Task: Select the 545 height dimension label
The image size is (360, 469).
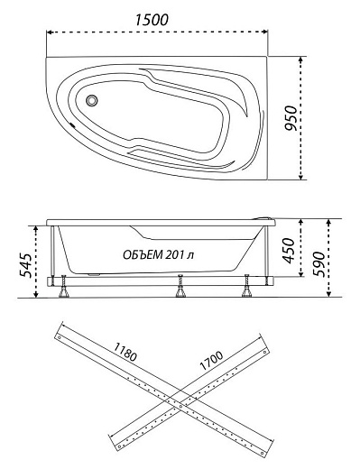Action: [25, 264]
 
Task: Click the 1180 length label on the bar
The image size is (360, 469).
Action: [126, 354]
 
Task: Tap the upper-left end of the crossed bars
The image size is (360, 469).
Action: [59, 334]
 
